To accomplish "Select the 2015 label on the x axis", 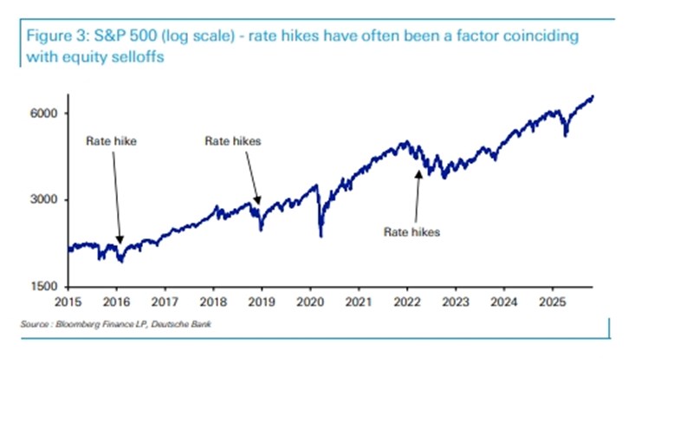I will [68, 302].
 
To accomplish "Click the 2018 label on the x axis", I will [213, 302].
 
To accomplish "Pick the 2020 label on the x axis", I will [310, 302].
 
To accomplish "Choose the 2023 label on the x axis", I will [456, 302].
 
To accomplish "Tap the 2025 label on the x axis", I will [553, 302].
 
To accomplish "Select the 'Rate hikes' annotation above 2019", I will [232, 140].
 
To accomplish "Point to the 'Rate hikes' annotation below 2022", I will [412, 232].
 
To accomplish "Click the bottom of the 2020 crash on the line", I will [321, 236].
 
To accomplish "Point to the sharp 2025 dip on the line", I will [566, 135].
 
